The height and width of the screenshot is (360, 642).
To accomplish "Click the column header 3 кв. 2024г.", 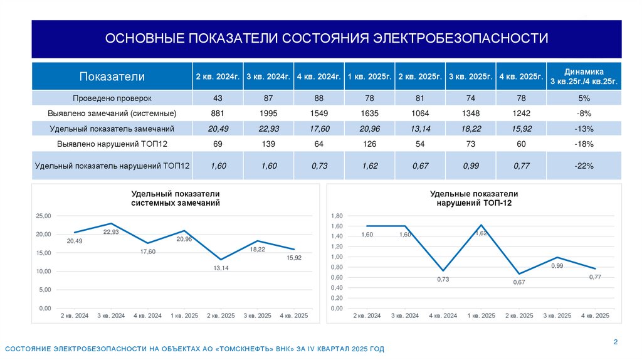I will coord(268,77).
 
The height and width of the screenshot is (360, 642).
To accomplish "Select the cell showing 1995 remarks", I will coord(268,114).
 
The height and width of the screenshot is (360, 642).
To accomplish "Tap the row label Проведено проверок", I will coord(112,98).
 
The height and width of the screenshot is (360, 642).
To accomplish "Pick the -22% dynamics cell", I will coord(584,166).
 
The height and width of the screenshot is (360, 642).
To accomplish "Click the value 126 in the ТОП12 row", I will coord(369,144).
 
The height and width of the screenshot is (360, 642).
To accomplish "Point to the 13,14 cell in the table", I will coord(420,129).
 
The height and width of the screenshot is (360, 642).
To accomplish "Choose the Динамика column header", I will coord(584,77).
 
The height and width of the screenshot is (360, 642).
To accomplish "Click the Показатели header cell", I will coord(112,77).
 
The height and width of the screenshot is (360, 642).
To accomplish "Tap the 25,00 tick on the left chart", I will coord(43,216).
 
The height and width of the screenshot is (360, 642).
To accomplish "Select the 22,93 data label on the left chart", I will coord(111,232).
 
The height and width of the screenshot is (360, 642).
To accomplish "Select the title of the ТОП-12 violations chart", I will coord(474,198).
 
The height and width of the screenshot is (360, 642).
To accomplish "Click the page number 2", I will coord(615,342).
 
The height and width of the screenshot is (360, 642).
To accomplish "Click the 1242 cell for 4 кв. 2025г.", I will coord(521,114).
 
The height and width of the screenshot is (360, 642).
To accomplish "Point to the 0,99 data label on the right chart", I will coord(557,266).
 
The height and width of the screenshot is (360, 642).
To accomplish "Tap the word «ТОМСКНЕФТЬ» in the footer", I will coord(246,348).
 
